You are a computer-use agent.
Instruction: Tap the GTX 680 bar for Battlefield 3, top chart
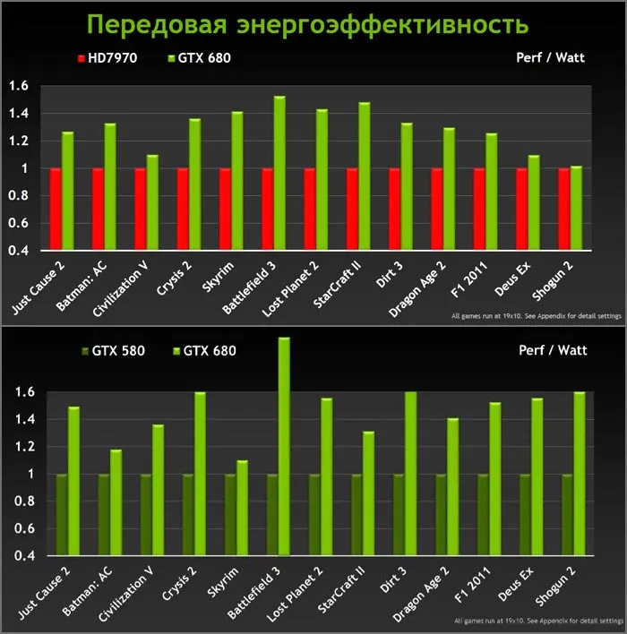tap(279, 175)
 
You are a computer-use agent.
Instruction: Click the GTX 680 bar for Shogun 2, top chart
tap(575, 210)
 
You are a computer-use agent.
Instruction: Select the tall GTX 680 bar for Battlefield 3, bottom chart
tap(283, 446)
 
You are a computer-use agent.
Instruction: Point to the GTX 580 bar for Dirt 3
tap(399, 514)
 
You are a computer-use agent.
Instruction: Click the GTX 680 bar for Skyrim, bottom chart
tap(241, 508)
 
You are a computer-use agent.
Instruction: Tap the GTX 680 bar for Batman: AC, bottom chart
tap(115, 502)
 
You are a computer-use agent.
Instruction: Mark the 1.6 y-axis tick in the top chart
tap(19, 86)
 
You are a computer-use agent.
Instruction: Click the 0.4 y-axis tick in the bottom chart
tap(19, 556)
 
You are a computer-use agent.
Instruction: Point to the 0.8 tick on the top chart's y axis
tap(19, 196)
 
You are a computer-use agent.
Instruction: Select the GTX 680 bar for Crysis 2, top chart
tap(194, 186)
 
